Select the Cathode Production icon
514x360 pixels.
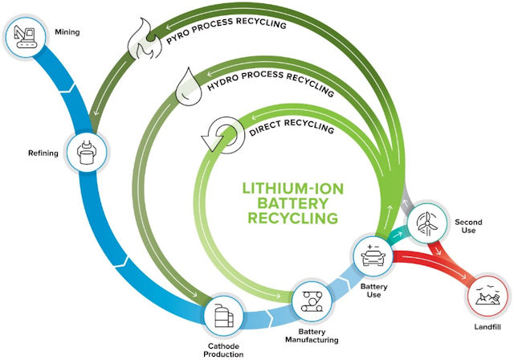[x=223, y=317]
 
